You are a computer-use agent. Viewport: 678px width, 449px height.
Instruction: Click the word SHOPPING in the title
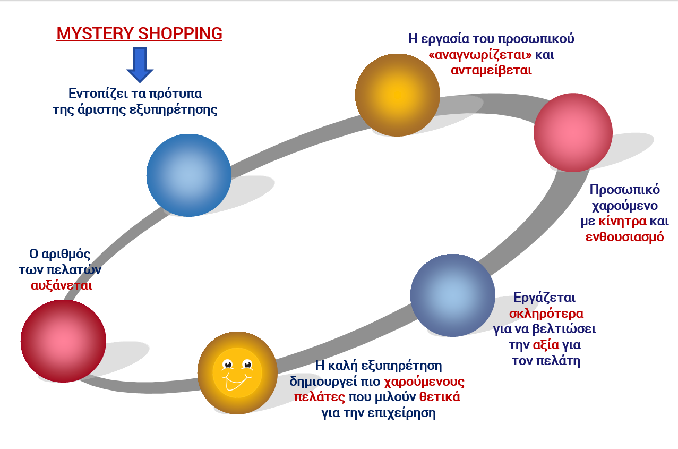click(181, 33)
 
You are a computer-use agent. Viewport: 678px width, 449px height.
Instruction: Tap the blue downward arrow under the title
click(140, 64)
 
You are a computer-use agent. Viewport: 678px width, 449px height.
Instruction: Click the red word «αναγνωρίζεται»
click(480, 55)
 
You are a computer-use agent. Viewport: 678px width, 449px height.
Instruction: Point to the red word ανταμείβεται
click(491, 70)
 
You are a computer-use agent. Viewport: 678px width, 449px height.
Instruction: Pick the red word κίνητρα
click(622, 221)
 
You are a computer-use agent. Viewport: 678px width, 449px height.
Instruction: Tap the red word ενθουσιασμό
click(624, 237)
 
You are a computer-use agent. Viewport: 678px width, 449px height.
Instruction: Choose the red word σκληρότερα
click(546, 314)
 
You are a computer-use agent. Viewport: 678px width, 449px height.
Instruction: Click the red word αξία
click(546, 345)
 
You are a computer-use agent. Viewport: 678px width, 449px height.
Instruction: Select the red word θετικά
click(440, 396)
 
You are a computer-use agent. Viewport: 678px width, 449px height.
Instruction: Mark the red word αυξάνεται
click(62, 285)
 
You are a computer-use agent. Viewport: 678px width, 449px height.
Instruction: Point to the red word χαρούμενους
click(424, 382)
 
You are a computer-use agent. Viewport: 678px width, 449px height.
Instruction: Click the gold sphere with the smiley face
click(237, 373)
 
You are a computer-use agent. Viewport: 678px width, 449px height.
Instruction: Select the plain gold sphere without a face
click(398, 95)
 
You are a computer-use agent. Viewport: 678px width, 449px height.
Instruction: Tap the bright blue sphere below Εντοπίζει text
click(189, 175)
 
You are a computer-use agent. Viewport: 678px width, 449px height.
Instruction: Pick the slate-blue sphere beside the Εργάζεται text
click(453, 295)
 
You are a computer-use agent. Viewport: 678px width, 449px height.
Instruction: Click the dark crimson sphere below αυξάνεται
click(63, 341)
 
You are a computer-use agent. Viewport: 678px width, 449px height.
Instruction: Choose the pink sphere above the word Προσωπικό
click(573, 133)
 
